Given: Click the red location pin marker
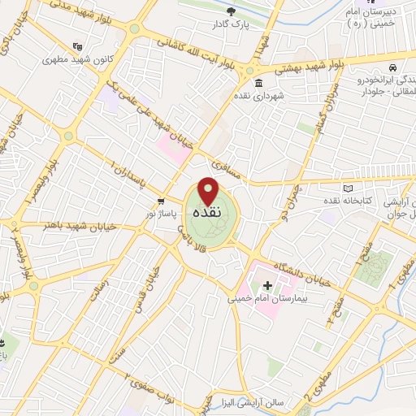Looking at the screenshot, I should click(209, 191).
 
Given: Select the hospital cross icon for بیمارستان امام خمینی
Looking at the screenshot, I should click(268, 285).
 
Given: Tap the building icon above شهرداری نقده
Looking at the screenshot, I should click(258, 84).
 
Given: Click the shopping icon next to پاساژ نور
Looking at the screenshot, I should click(161, 200).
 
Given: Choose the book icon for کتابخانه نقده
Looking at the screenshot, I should click(349, 188).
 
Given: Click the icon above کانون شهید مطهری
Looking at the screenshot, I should click(78, 45).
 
